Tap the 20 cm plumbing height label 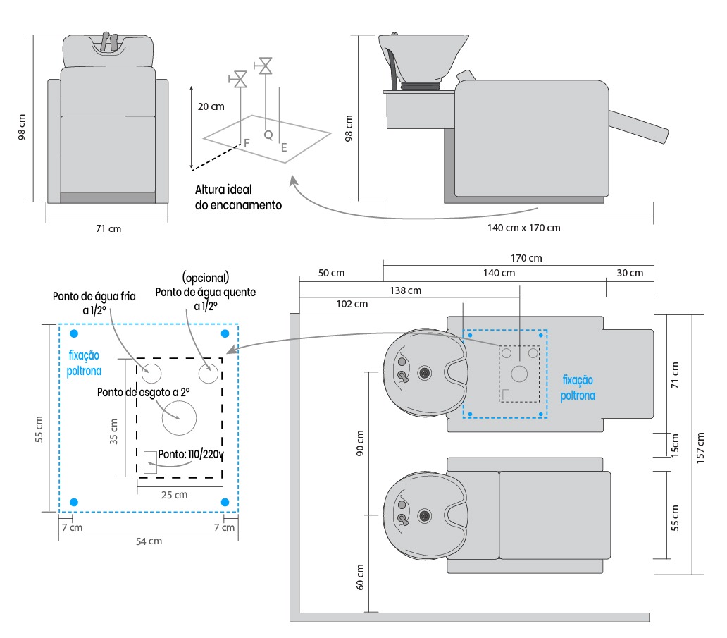click(x=211, y=107)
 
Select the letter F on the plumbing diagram click(x=247, y=143)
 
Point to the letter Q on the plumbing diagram click(x=267, y=134)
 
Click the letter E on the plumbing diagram click(x=284, y=148)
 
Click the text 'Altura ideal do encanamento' click(x=238, y=197)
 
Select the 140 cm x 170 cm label click(x=523, y=228)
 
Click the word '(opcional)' click(x=206, y=276)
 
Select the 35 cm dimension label click(x=114, y=429)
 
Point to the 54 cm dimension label click(x=149, y=541)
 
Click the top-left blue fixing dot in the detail click(x=74, y=333)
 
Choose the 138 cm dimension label click(x=405, y=290)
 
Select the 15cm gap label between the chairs click(x=676, y=446)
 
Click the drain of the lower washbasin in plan click(x=424, y=517)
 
